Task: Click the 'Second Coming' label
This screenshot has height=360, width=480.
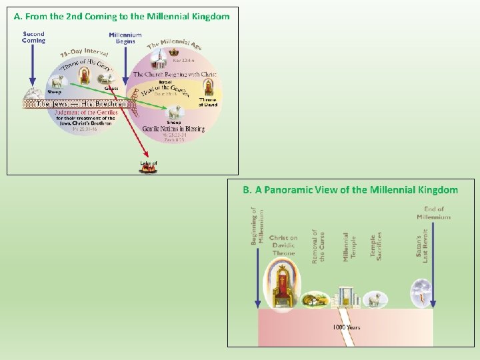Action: pyautogui.click(x=33, y=37)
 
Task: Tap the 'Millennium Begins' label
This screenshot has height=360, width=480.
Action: pyautogui.click(x=125, y=37)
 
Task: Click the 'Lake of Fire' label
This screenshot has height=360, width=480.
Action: pyautogui.click(x=148, y=163)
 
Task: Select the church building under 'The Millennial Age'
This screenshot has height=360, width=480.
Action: pyautogui.click(x=159, y=61)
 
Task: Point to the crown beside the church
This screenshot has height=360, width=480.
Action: pyautogui.click(x=175, y=52)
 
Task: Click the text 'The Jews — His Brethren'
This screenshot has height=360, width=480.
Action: pyautogui.click(x=81, y=104)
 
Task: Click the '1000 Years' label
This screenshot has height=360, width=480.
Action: pyautogui.click(x=347, y=327)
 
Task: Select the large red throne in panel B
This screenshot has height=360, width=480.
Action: pyautogui.click(x=283, y=287)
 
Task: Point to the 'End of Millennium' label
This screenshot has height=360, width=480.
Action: pyautogui.click(x=434, y=213)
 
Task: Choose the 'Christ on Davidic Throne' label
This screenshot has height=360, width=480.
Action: pyautogui.click(x=283, y=246)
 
